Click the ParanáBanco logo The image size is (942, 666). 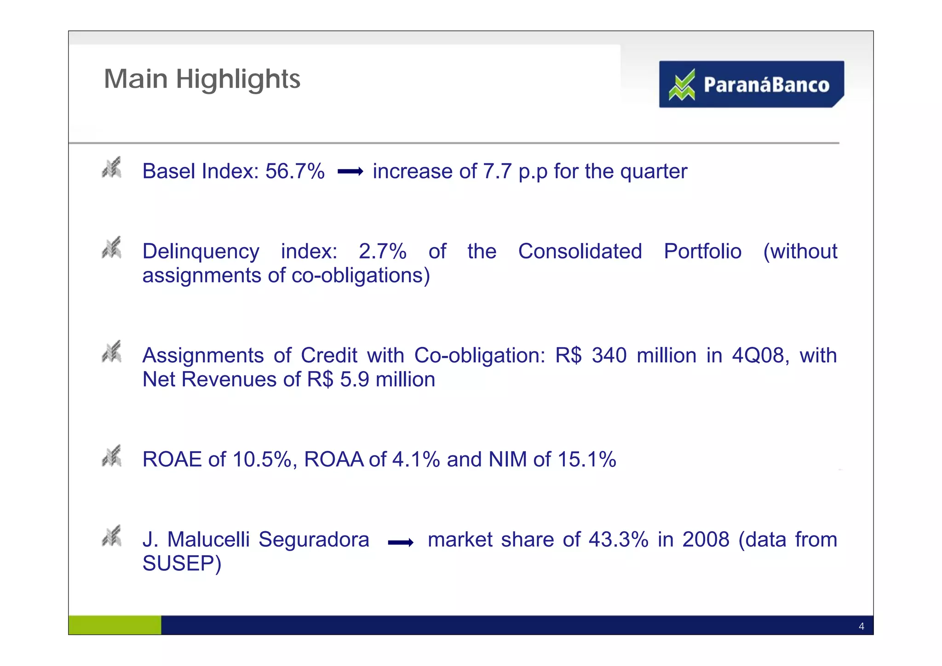(x=751, y=84)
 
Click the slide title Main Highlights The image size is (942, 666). (x=202, y=79)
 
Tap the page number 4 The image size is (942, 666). (x=861, y=626)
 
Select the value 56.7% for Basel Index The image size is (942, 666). (x=295, y=172)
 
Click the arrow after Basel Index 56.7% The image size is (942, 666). (x=350, y=172)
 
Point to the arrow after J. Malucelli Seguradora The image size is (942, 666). (x=400, y=543)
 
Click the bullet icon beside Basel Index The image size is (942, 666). (x=112, y=167)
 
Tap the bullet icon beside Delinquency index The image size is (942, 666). (x=112, y=247)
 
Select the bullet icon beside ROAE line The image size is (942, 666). (x=112, y=456)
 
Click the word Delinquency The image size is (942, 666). (x=201, y=252)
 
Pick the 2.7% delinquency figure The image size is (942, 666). (x=383, y=252)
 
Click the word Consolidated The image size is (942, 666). (x=580, y=252)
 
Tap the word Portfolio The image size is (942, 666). (x=702, y=252)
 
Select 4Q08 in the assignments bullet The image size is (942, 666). (x=760, y=356)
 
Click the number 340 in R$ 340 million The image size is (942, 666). (x=609, y=356)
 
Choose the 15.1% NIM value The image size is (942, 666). (x=587, y=459)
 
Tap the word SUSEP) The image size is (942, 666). (x=182, y=563)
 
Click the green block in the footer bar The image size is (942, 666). (x=115, y=625)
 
